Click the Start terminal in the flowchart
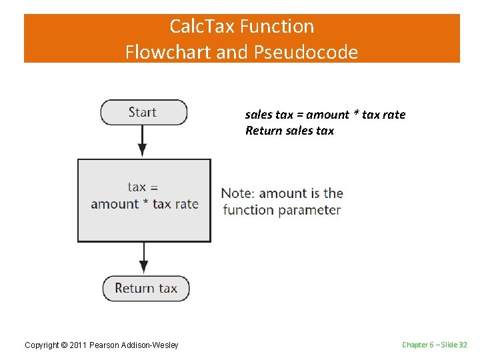143,113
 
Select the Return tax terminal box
145,289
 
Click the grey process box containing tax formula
144,200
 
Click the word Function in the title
277,27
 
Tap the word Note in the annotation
237,193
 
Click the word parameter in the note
309,210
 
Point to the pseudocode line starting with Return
289,131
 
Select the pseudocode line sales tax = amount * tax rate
325,115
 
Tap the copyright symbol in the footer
64,345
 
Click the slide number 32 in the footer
463,345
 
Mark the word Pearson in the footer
107,345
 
